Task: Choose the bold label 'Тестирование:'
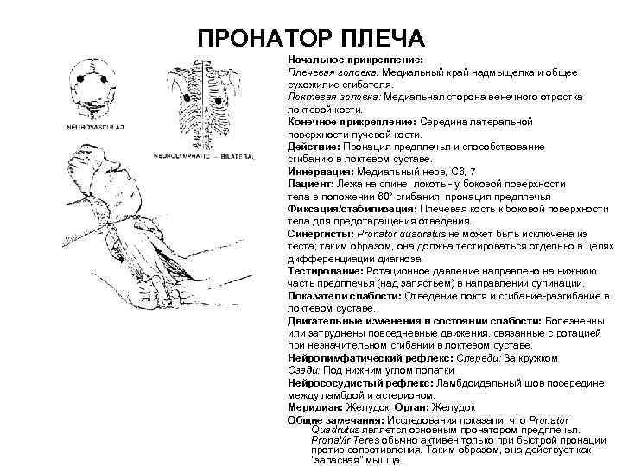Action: tap(326, 270)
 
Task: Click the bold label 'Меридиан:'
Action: tap(315, 406)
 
